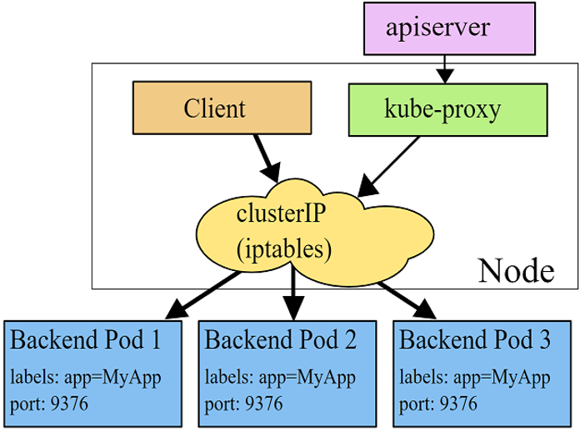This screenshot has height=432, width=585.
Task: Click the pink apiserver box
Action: coord(449,28)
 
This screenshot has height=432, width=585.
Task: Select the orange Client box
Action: coord(222,108)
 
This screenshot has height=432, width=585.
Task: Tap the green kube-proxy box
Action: coord(447,110)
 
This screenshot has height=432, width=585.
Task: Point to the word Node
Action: coord(516,270)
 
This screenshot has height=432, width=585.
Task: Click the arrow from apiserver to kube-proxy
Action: coord(445,69)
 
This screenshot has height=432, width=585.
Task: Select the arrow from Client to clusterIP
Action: coord(267,158)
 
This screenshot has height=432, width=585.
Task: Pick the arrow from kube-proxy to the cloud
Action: coord(388,167)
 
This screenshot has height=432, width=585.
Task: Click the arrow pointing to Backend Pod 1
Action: coord(203,295)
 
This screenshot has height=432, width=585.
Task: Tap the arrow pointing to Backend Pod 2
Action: coord(293,293)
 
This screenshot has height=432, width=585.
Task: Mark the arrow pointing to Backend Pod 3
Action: coord(407,301)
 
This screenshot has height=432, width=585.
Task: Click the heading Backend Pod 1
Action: coord(86,339)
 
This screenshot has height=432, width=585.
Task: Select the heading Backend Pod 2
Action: coord(281,339)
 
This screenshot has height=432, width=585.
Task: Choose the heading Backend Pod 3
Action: coord(475,339)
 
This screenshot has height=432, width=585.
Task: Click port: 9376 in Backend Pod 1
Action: coord(49,404)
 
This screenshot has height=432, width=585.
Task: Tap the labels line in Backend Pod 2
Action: coord(280,378)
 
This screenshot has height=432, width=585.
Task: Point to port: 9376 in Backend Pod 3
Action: coord(438,404)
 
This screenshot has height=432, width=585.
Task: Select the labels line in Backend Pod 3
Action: coord(475,378)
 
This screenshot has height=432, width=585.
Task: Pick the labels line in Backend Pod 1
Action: coord(86,378)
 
